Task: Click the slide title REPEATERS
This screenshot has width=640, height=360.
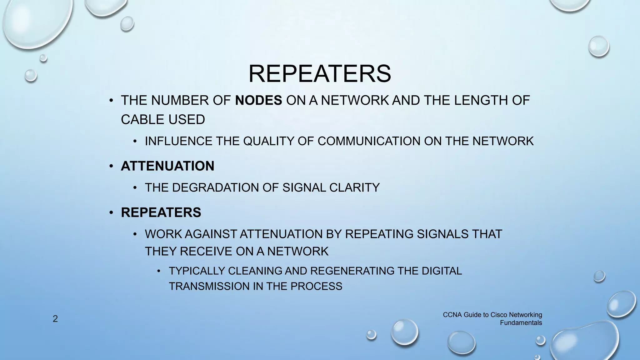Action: pos(319,74)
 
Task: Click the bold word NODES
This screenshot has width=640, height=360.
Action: pos(258,101)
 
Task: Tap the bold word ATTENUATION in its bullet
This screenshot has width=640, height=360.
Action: pos(167,166)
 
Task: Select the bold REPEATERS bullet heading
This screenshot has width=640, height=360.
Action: pos(161,212)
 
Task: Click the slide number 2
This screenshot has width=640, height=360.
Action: pos(55,319)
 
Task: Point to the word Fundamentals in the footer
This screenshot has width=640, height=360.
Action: pos(521,323)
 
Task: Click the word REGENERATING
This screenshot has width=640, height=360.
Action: pos(352,271)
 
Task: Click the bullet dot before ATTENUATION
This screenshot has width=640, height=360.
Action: pos(111,166)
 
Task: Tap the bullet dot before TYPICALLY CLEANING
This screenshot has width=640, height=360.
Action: pos(159,271)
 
